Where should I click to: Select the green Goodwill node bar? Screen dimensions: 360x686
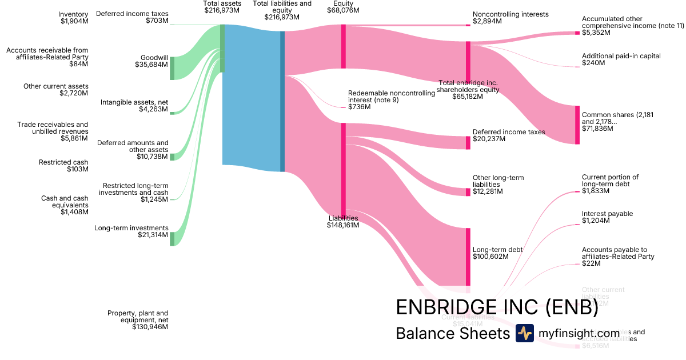pyautogui.click(x=172, y=69)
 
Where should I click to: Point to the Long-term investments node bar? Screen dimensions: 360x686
pyautogui.click(x=172, y=239)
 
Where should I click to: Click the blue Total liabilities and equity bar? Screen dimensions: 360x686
pyautogui.click(x=282, y=101)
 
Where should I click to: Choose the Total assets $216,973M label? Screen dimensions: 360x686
pyautogui.click(x=222, y=7)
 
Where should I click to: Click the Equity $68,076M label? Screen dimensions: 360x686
pyautogui.click(x=343, y=7)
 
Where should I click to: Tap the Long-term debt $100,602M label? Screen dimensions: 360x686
pyautogui.click(x=497, y=254)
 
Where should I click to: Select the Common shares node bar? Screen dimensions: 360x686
pyautogui.click(x=577, y=125)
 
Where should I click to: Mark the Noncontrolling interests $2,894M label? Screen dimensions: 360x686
pyautogui.click(x=510, y=18)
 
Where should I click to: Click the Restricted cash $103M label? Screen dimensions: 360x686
pyautogui.click(x=63, y=166)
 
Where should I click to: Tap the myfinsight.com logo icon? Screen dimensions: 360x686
pyautogui.click(x=524, y=333)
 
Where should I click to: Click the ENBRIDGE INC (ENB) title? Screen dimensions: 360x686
pyautogui.click(x=497, y=307)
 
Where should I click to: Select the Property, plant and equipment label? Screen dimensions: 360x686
pyautogui.click(x=138, y=320)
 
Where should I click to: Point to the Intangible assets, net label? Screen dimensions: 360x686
pyautogui.click(x=134, y=106)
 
